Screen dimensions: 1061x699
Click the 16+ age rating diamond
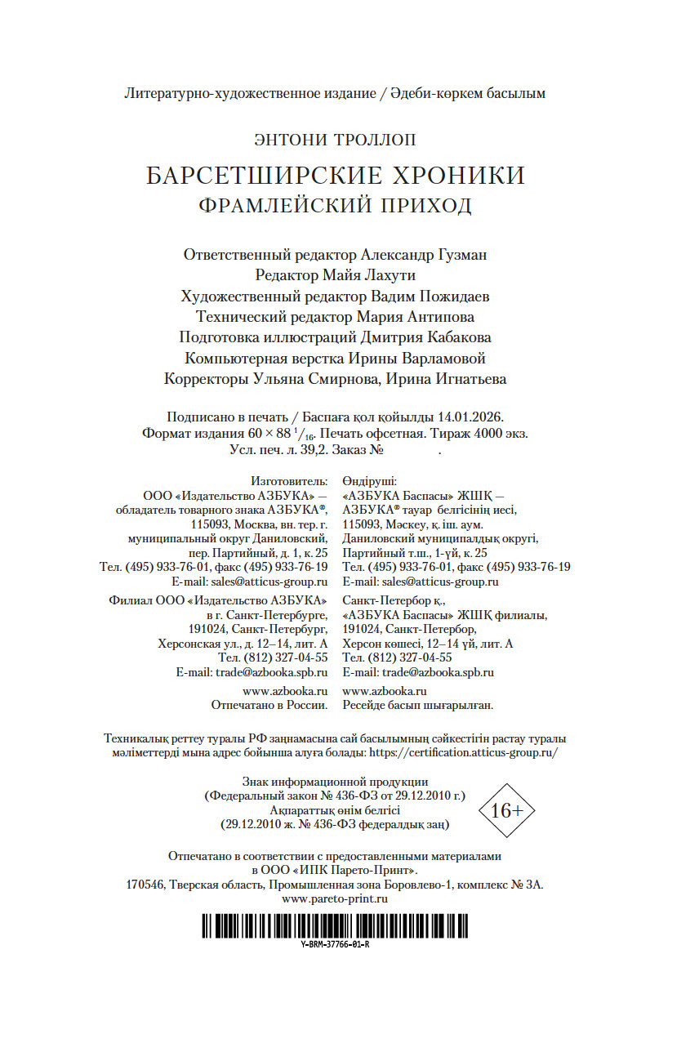[506, 810]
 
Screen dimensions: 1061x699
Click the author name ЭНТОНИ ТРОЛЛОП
[335, 140]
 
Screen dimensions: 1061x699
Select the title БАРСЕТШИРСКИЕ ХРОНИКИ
[335, 176]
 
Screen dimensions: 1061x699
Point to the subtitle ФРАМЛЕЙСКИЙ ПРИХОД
[335, 205]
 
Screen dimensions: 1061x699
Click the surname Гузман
[456, 255]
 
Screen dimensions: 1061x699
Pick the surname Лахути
[388, 275]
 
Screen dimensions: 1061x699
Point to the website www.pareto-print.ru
[335, 898]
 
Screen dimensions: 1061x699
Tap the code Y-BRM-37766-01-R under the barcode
[335, 944]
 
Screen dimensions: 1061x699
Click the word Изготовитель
[290, 481]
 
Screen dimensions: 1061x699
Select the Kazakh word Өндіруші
[369, 481]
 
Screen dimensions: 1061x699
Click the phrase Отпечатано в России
[269, 704]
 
